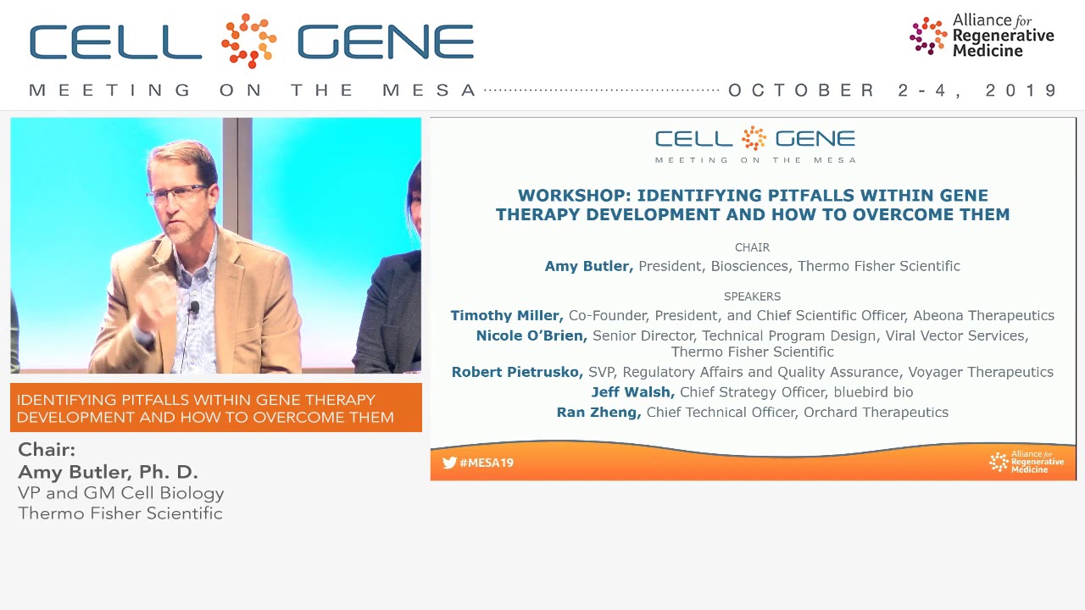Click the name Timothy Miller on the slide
coord(506,315)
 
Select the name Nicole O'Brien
coord(531,335)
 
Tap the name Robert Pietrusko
coord(516,372)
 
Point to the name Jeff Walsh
coord(632,392)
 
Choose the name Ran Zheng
coord(598,413)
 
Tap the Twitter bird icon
coord(449,463)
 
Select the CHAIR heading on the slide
coord(752,247)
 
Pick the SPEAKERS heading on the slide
coord(752,297)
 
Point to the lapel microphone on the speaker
coord(194,308)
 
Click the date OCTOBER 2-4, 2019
coord(893,91)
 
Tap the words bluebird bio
coord(873,392)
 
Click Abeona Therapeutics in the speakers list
coord(983,315)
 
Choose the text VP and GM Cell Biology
coord(121,493)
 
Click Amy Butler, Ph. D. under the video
coord(108,472)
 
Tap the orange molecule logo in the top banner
coord(248,41)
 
